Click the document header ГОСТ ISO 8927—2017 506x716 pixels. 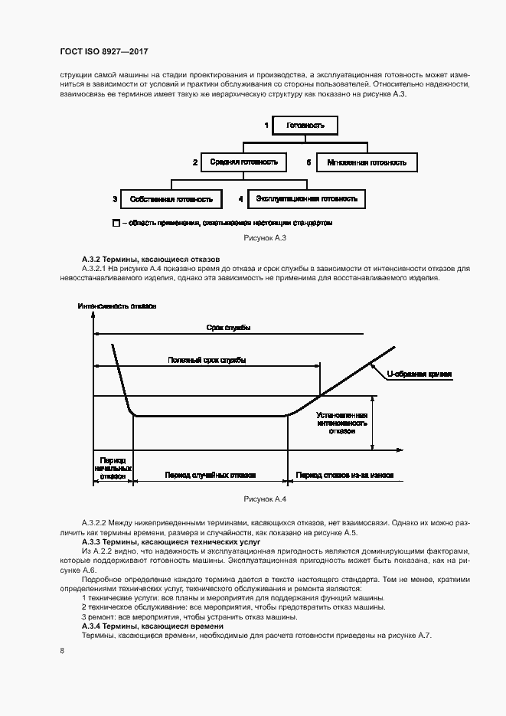click(103, 51)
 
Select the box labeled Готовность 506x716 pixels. click(305, 125)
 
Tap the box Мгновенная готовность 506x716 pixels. click(367, 163)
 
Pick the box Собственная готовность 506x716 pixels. click(171, 199)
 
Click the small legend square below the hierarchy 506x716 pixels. click(116, 224)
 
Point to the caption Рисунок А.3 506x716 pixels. click(264, 239)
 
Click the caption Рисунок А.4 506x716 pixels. click(264, 499)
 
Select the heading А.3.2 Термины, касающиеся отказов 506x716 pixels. click(150, 260)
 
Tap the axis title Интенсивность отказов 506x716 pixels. click(117, 306)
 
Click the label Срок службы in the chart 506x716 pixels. click(228, 328)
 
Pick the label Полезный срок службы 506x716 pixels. click(207, 360)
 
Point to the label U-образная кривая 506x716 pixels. click(419, 374)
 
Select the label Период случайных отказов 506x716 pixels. click(210, 475)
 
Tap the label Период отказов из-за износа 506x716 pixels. click(345, 475)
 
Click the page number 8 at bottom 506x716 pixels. click(60, 651)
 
